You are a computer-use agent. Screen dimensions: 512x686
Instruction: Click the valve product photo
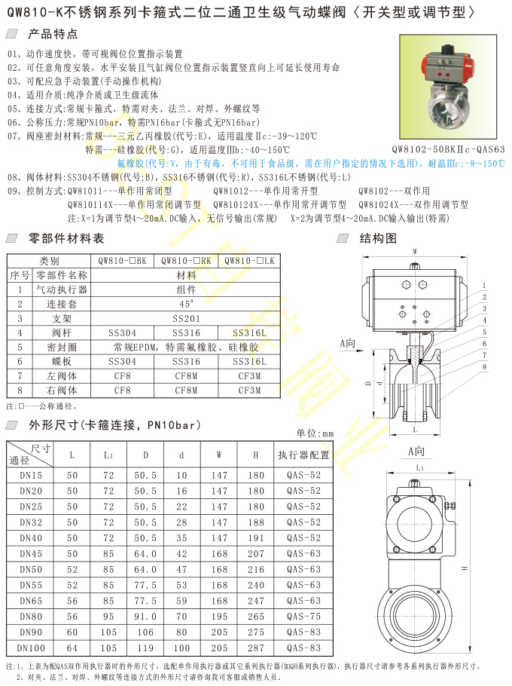[x=448, y=87]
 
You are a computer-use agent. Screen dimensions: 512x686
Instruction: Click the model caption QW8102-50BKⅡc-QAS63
[x=448, y=149]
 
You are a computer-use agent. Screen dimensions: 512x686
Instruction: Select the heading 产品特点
[x=53, y=34]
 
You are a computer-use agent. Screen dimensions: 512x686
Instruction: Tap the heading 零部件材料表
[x=66, y=238]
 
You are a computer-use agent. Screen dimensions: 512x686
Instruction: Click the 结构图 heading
[x=378, y=238]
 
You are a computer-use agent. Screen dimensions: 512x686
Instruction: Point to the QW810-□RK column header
[x=186, y=261]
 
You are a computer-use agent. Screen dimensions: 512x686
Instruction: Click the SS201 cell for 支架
[x=187, y=318]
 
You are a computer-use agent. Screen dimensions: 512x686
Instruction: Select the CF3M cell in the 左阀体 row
[x=249, y=376]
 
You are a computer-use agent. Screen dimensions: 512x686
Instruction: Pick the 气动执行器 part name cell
[x=62, y=289]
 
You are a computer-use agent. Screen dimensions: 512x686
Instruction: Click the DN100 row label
[x=31, y=648]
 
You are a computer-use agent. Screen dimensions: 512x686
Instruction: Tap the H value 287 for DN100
[x=256, y=648]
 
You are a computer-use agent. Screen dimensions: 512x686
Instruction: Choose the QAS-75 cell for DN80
[x=303, y=617]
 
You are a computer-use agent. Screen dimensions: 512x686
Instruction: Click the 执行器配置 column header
[x=303, y=455]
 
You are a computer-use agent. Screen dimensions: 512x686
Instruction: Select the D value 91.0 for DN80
[x=145, y=617]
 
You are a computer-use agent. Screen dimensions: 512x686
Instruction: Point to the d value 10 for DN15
[x=181, y=475]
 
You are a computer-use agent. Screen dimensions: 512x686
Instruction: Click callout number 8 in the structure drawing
[x=484, y=366]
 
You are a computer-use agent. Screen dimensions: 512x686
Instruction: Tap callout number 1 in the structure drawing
[x=484, y=285]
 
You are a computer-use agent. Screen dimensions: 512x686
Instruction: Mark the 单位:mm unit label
[x=315, y=433]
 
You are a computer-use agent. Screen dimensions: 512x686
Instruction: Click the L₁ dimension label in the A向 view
[x=420, y=467]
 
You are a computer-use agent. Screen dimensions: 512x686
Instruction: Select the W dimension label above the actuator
[x=415, y=252]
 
